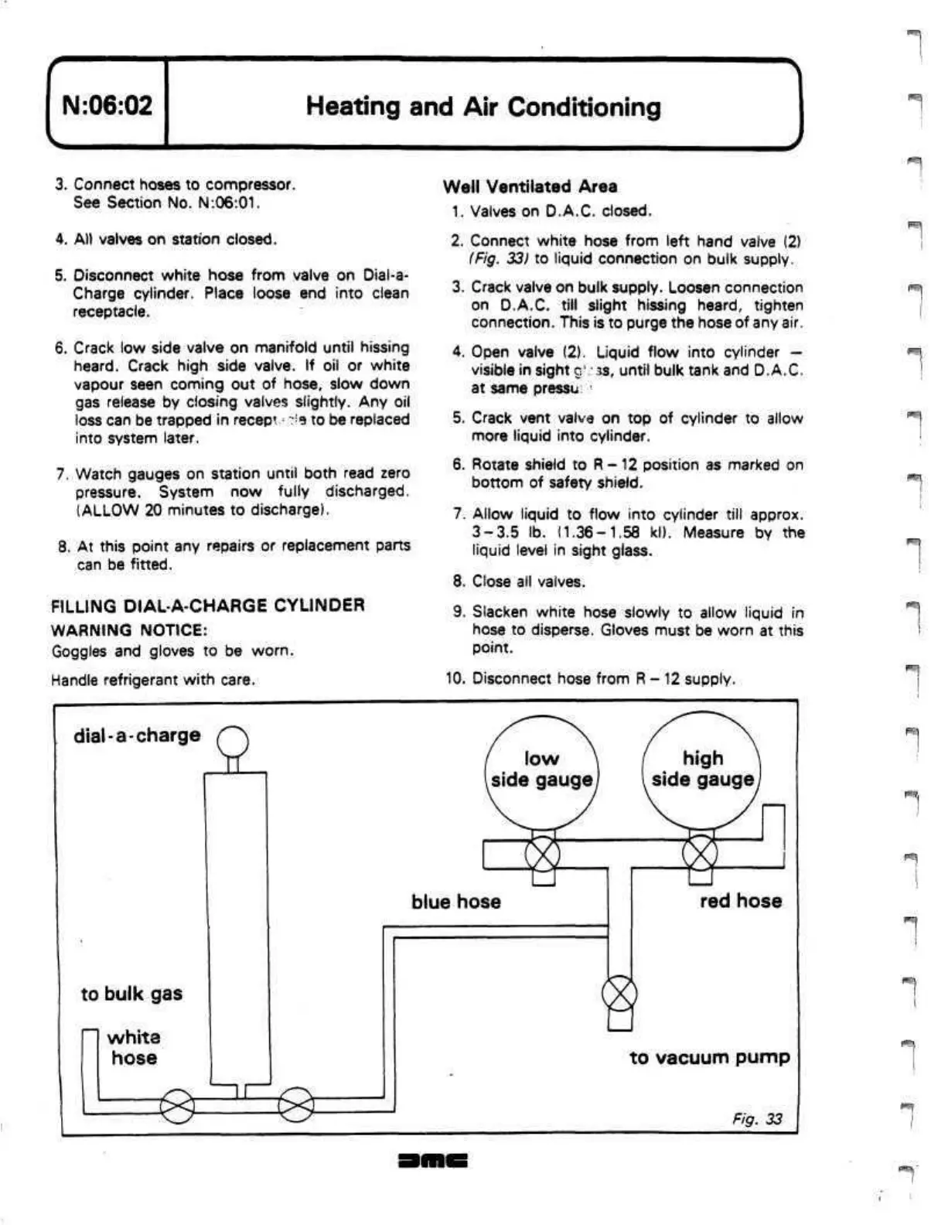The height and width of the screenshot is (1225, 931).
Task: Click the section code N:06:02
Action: [107, 104]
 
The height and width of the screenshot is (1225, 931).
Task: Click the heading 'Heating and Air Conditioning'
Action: [483, 106]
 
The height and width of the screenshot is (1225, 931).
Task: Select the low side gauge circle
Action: [541, 769]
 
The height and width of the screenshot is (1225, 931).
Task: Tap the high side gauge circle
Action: [702, 769]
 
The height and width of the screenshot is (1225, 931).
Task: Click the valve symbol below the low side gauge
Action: [542, 855]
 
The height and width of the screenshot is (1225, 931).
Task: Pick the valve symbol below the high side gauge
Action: [700, 854]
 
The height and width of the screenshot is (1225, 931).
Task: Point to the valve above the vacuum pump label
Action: [619, 993]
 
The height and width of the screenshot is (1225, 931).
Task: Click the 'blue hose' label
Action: [455, 902]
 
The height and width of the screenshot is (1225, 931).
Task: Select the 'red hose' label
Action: [740, 901]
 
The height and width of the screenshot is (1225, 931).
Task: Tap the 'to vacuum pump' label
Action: [709, 1057]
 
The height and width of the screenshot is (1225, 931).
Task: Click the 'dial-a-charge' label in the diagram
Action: [137, 735]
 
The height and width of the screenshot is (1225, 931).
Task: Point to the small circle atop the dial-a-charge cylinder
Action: [233, 743]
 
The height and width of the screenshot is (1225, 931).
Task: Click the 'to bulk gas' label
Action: [131, 994]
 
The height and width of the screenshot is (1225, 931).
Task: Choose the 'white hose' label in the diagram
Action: [134, 1047]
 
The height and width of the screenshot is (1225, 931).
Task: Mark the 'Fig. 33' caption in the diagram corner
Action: [757, 1119]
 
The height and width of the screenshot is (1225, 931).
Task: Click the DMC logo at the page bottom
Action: [433, 1161]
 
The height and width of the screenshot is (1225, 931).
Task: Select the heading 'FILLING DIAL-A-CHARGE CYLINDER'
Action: [207, 606]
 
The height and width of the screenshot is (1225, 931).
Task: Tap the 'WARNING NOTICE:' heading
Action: [129, 630]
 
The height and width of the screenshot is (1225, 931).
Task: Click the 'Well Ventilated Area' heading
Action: [530, 186]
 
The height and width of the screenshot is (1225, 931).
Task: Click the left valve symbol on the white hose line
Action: [177, 1107]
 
